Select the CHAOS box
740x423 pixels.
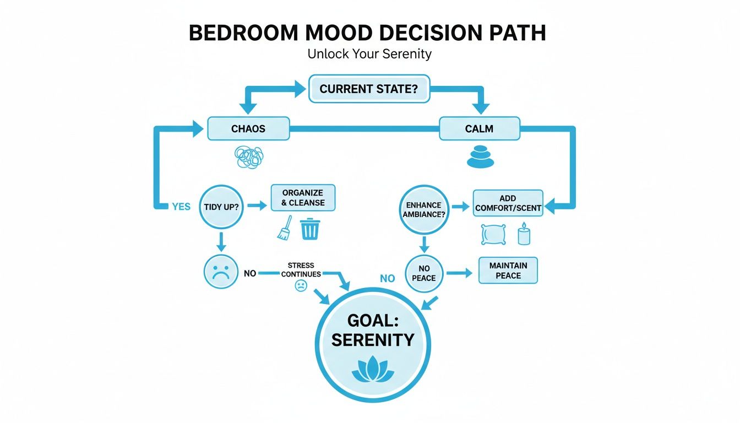pyautogui.click(x=248, y=129)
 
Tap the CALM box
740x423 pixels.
pyautogui.click(x=479, y=129)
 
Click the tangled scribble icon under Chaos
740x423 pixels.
pyautogui.click(x=249, y=156)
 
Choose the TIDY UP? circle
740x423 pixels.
pyautogui.click(x=220, y=206)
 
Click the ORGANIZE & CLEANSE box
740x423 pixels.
pyautogui.click(x=303, y=198)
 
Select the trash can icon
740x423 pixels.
pyautogui.click(x=310, y=228)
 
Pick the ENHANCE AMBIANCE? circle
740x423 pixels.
pyautogui.click(x=424, y=209)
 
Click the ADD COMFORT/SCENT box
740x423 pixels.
pyautogui.click(x=508, y=203)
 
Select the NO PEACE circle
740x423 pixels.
pyautogui.click(x=423, y=273)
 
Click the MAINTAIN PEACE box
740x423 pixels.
pyautogui.click(x=508, y=270)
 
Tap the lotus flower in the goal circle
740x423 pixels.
pyautogui.click(x=373, y=370)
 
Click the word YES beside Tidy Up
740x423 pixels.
pyautogui.click(x=181, y=207)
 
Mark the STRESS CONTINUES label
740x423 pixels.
pyautogui.click(x=301, y=270)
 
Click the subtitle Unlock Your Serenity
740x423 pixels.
pyautogui.click(x=369, y=54)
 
